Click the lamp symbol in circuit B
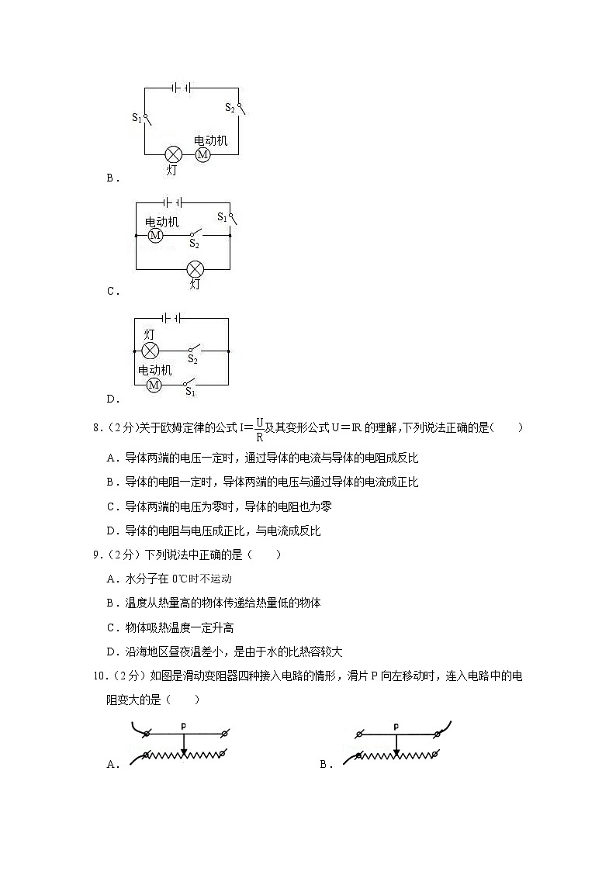[175, 154]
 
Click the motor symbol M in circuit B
[203, 154]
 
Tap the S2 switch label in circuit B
[230, 108]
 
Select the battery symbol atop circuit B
[182, 88]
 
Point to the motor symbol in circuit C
[155, 235]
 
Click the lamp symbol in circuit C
[196, 269]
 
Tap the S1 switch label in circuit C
[222, 216]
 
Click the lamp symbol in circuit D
[150, 351]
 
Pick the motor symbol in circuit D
[154, 385]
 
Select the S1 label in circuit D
[190, 392]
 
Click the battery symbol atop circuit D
[172, 317]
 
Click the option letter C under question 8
[111, 506]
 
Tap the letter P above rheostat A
[184, 726]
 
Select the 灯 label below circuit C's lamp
[195, 285]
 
